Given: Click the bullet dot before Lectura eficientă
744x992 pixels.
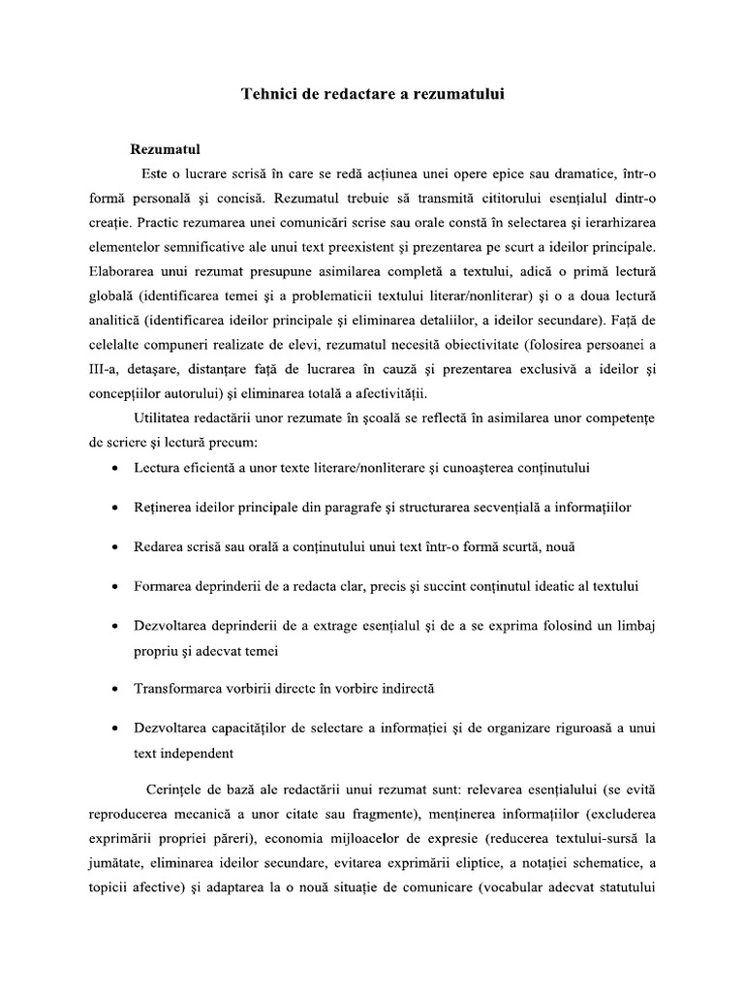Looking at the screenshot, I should [115, 468].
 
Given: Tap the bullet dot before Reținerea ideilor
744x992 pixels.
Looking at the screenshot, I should [115, 508].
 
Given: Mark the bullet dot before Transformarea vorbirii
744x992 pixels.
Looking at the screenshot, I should [115, 690].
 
